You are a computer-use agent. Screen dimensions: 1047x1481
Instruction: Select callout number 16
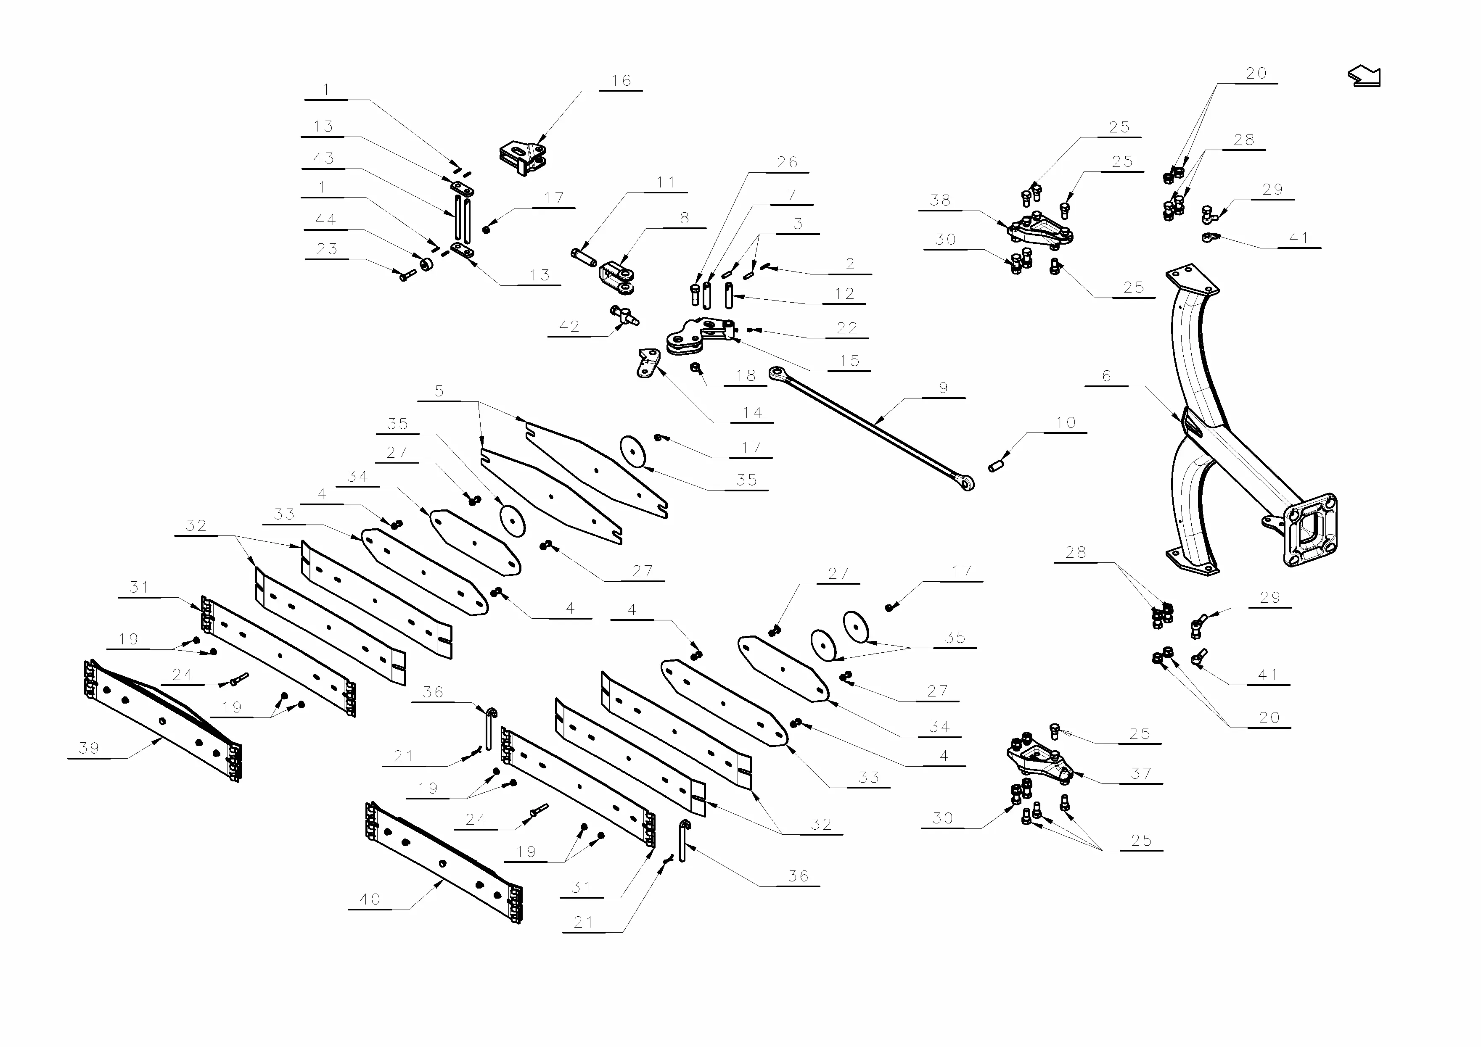point(621,81)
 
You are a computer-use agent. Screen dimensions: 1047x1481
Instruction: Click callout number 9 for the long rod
point(943,388)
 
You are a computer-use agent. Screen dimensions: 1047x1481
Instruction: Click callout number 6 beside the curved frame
point(1106,376)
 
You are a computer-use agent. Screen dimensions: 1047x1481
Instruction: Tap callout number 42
point(569,327)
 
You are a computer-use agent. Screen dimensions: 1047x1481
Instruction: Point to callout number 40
point(370,899)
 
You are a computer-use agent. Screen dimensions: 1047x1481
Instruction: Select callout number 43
point(323,158)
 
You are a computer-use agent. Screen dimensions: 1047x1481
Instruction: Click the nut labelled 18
point(696,367)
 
